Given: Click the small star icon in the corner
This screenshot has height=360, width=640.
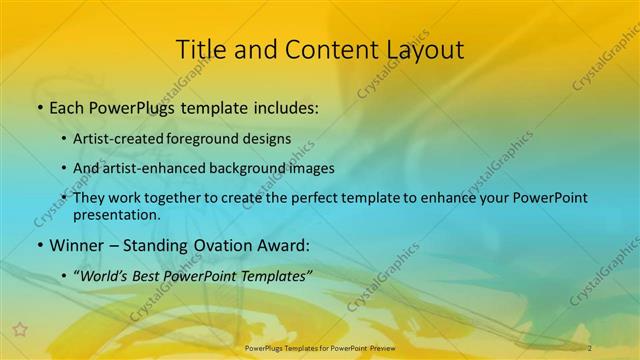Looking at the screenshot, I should click(19, 328).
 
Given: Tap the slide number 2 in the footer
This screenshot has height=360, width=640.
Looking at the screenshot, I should click(590, 347).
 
